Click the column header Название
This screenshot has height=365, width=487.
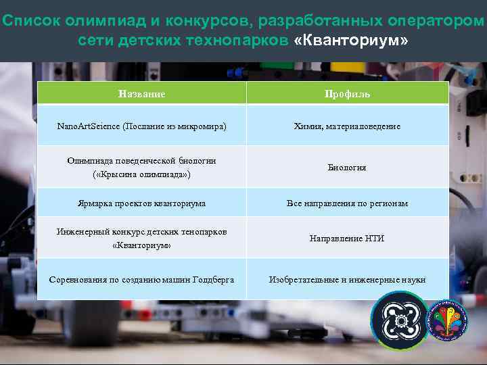[141, 94]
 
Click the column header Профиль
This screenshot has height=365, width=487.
[347, 94]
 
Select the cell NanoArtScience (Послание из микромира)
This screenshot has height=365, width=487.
[141, 126]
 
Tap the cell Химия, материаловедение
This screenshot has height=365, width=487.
[347, 126]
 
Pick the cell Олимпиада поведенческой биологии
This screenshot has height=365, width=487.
[141, 161]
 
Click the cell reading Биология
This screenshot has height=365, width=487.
[347, 167]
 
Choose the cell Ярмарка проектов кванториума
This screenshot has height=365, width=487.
[141, 203]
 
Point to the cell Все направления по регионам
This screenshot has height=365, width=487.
[347, 203]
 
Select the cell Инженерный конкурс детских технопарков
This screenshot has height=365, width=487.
[141, 232]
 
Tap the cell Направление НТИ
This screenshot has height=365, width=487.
[347, 239]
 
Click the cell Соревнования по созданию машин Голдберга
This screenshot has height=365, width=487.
[141, 279]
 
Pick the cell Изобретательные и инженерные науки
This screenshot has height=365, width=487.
[347, 279]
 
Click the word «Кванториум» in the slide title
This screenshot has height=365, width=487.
[351, 41]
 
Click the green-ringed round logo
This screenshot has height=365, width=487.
[400, 321]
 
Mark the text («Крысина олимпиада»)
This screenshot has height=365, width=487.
[141, 174]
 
